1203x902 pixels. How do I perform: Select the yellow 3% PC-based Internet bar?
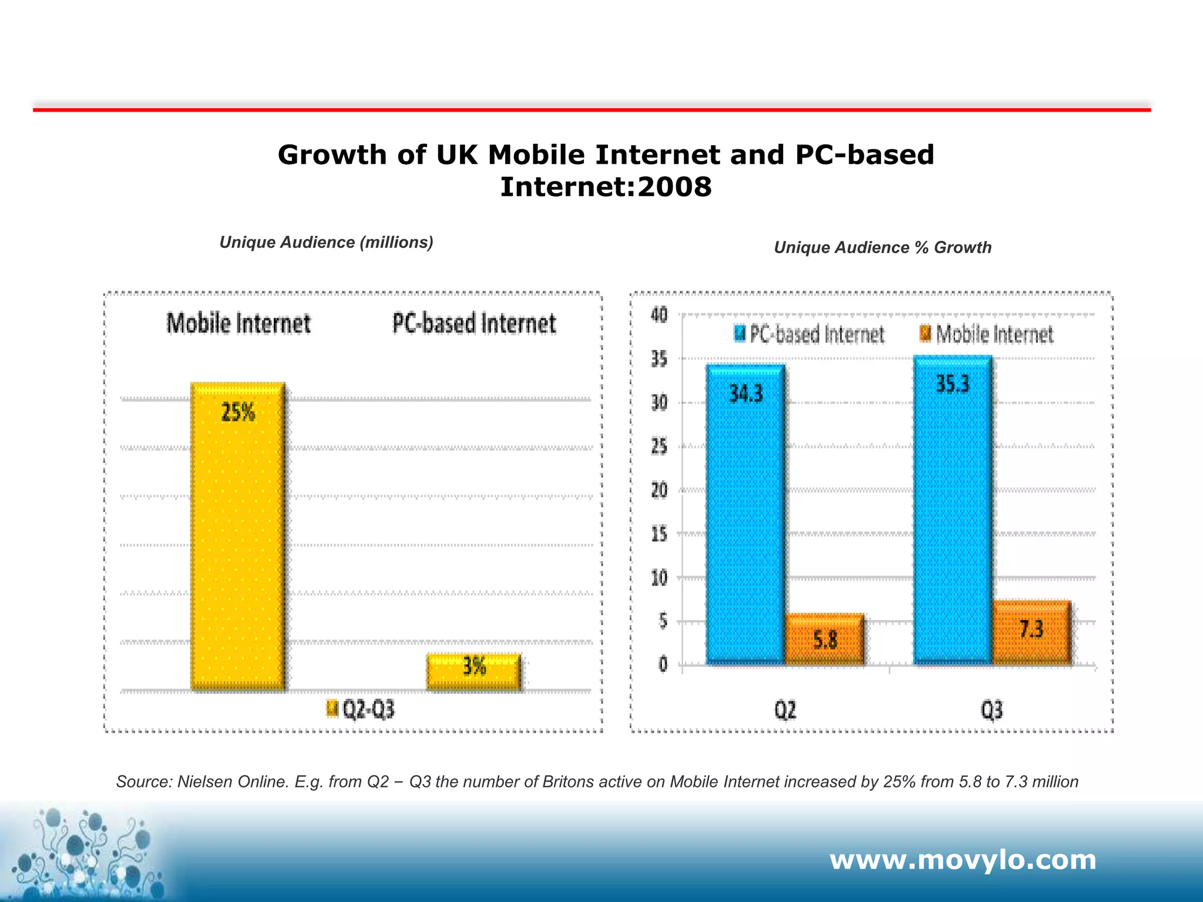pos(473,672)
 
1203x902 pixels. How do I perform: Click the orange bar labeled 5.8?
pos(824,640)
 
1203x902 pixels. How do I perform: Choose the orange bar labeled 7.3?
pos(1031,632)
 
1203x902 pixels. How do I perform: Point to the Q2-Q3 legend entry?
pos(361,709)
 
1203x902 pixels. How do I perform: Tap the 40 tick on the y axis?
pos(659,315)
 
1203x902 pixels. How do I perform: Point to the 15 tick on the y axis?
pos(659,534)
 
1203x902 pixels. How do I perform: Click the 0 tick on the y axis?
pos(663,665)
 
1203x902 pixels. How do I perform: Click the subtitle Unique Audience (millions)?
pos(326,243)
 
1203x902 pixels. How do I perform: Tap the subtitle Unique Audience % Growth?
pos(882,248)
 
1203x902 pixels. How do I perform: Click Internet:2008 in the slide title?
pos(606,187)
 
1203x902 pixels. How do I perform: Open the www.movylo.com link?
pos(963,860)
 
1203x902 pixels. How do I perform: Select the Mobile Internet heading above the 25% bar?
pos(238,324)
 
